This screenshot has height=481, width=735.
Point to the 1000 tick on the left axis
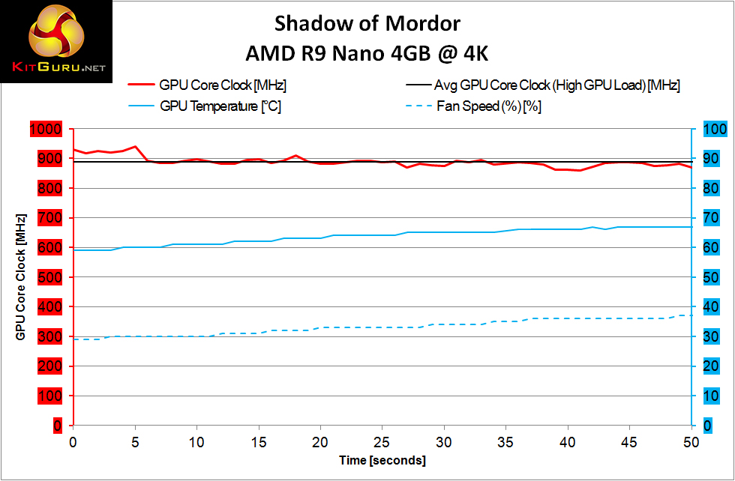[45, 130]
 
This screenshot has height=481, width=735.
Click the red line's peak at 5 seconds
[135, 146]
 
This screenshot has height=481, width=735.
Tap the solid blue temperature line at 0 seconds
[73, 250]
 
